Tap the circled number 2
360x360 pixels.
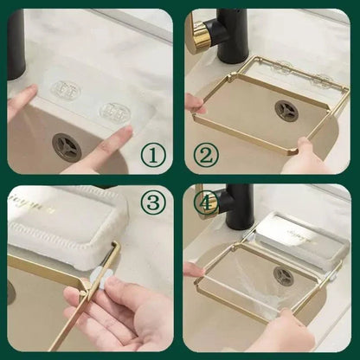coord(206,155)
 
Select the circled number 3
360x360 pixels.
coord(152,204)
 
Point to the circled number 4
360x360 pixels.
coord(207,203)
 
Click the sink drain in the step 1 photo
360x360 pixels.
coord(67,146)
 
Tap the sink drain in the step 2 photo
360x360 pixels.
coord(286,110)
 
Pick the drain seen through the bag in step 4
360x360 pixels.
coord(285,276)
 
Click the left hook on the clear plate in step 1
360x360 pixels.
coord(66,89)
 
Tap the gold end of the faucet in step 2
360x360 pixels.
coord(200,35)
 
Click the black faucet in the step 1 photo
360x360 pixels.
coord(16,43)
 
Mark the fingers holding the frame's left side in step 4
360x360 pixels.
coord(195,269)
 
